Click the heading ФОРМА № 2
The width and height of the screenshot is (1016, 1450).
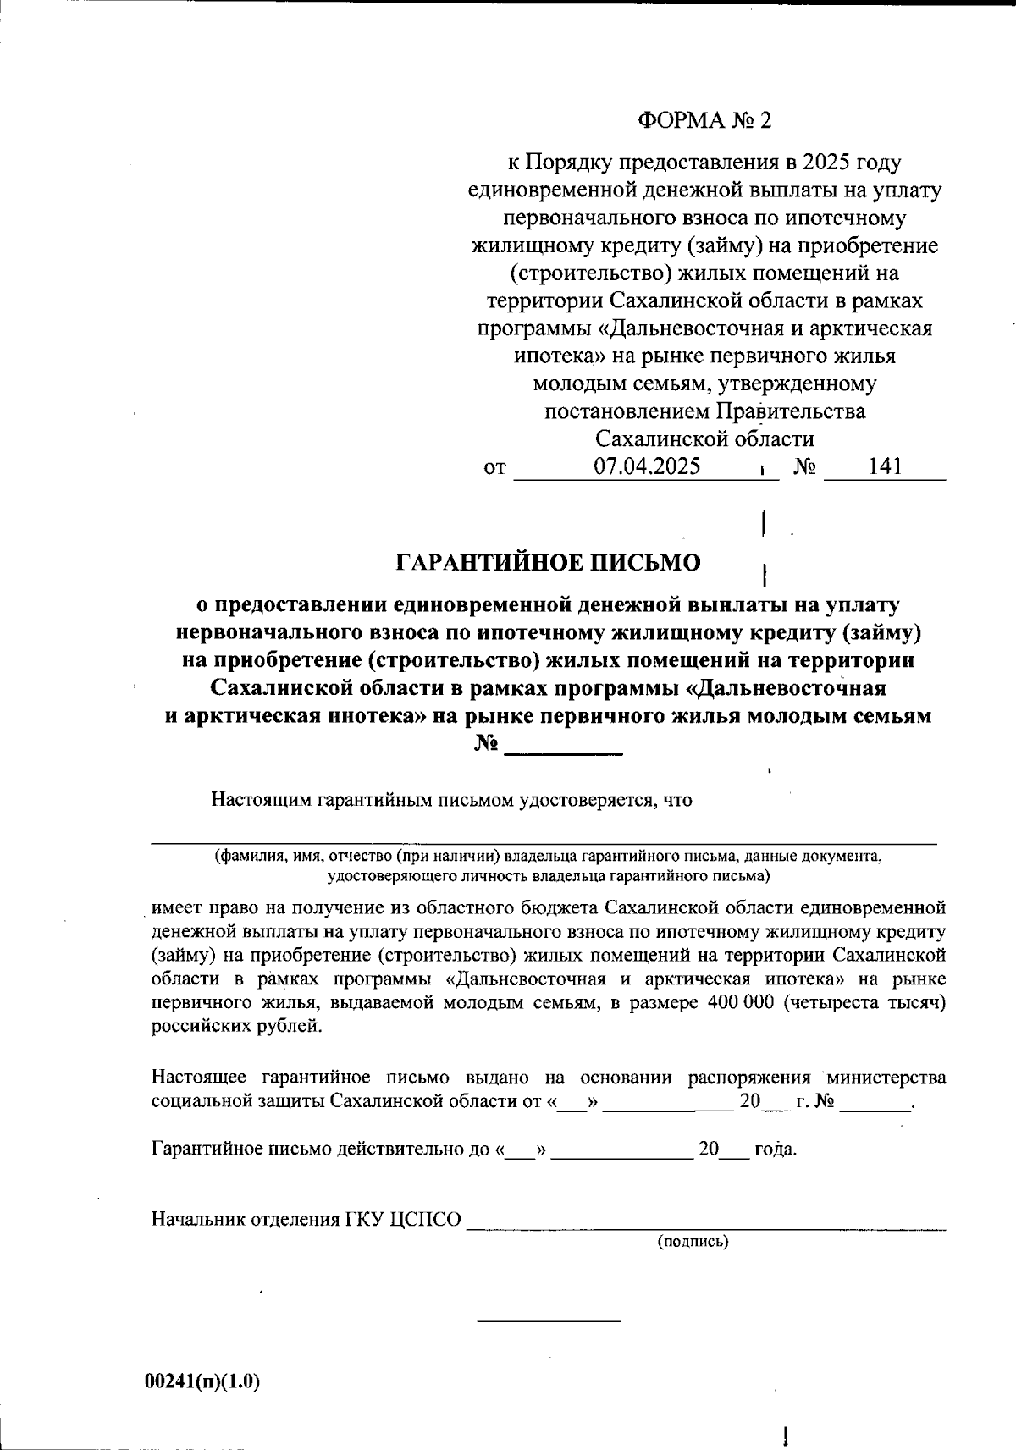pos(704,121)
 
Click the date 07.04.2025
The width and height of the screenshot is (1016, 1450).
pos(646,466)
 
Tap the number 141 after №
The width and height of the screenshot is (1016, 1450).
pos(885,466)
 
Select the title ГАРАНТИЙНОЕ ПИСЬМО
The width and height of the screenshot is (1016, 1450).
pos(549,563)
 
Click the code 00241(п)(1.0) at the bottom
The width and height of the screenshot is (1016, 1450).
pos(202,1381)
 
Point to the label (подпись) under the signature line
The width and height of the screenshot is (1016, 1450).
pos(693,1242)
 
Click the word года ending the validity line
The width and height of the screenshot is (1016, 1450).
pos(775,1150)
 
